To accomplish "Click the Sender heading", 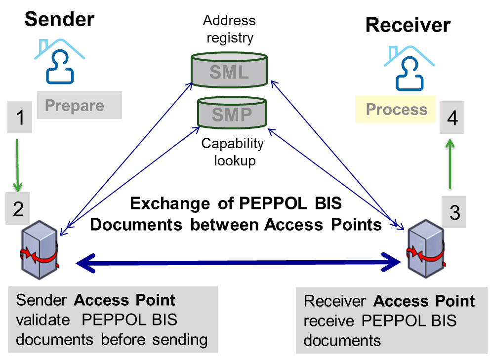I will click(x=59, y=19).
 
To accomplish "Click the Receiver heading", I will click(x=408, y=25).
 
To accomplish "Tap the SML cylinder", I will click(x=229, y=72).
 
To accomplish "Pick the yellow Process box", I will click(x=396, y=109).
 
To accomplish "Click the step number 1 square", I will click(x=20, y=118).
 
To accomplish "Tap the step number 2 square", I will click(x=19, y=208).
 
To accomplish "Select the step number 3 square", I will click(x=454, y=212).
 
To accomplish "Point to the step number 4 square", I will click(x=452, y=119).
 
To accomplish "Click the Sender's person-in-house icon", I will click(x=59, y=61).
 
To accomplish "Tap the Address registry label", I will click(x=229, y=29).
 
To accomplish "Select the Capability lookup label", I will click(x=232, y=152).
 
